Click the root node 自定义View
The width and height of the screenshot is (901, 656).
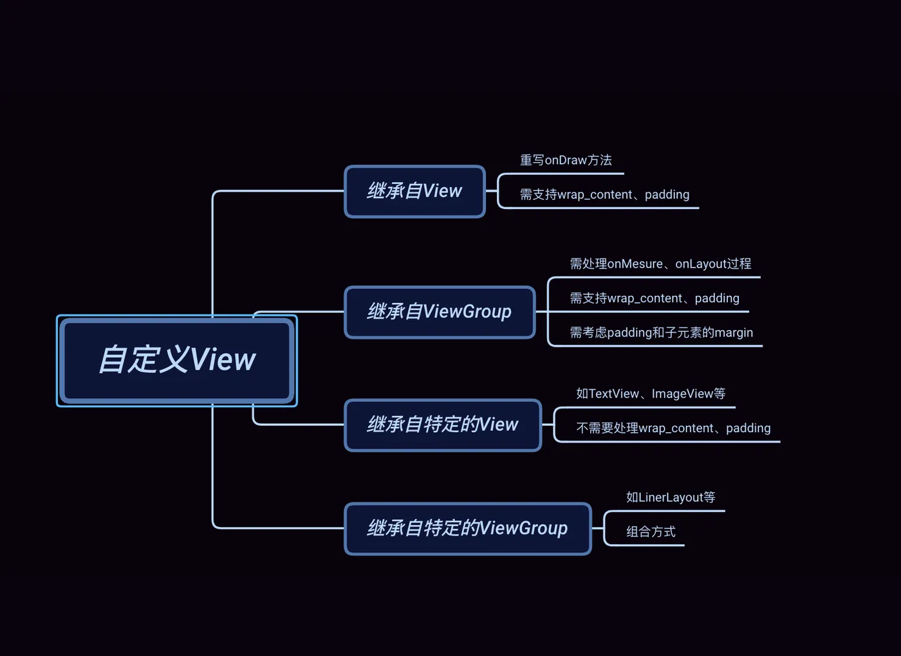click(x=177, y=360)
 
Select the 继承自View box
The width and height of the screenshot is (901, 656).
click(x=414, y=192)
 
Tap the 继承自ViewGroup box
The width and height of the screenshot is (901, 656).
click(x=440, y=312)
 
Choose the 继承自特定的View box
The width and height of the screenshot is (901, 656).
click(x=443, y=425)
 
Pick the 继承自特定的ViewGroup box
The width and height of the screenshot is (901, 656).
click(x=467, y=529)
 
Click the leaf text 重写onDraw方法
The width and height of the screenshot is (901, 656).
click(x=566, y=160)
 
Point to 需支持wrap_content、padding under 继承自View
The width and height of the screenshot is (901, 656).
click(x=604, y=194)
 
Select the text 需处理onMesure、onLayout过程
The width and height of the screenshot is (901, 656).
click(x=660, y=264)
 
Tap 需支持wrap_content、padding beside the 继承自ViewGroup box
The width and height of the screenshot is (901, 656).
click(x=655, y=298)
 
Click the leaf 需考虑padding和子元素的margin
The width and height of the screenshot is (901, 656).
click(x=661, y=333)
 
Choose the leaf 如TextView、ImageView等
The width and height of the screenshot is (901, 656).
click(x=651, y=394)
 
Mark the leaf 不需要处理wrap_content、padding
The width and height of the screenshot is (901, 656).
click(x=673, y=428)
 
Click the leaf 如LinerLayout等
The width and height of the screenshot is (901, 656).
click(x=671, y=497)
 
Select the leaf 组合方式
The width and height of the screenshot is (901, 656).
click(x=651, y=532)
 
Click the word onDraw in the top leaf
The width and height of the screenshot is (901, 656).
click(x=566, y=160)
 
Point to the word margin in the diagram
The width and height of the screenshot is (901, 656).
click(x=734, y=333)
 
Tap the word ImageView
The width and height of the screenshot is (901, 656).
click(x=682, y=394)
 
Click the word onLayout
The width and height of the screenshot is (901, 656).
click(x=701, y=264)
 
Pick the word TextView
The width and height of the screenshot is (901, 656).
click(x=614, y=394)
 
